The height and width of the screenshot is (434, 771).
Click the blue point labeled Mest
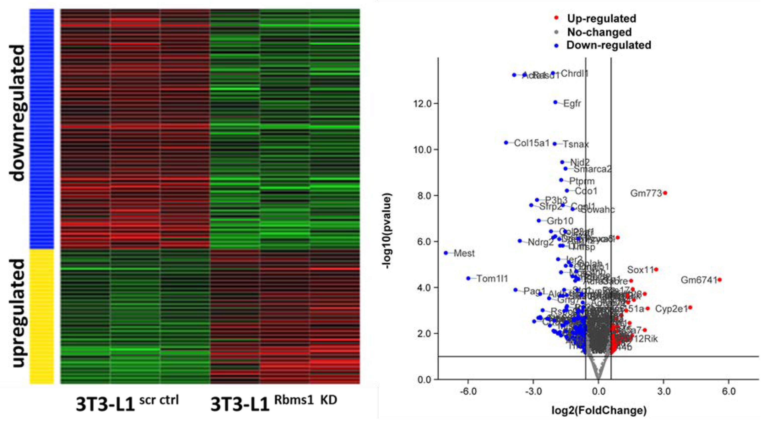[446, 253]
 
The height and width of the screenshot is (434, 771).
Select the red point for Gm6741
[719, 280]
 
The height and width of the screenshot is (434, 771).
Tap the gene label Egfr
[572, 104]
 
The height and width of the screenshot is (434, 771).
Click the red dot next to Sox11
[656, 269]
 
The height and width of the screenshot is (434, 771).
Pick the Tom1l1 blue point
[468, 278]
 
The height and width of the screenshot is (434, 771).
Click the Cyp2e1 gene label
[671, 309]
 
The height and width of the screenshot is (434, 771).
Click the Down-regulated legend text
[609, 45]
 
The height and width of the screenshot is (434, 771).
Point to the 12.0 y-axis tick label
[422, 104]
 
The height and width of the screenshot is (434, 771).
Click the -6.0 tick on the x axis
[468, 391]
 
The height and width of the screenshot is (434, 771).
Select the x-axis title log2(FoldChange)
[598, 410]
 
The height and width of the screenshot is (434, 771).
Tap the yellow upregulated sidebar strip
[41, 316]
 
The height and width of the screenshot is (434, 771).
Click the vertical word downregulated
[18, 113]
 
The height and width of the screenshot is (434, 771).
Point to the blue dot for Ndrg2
[520, 241]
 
